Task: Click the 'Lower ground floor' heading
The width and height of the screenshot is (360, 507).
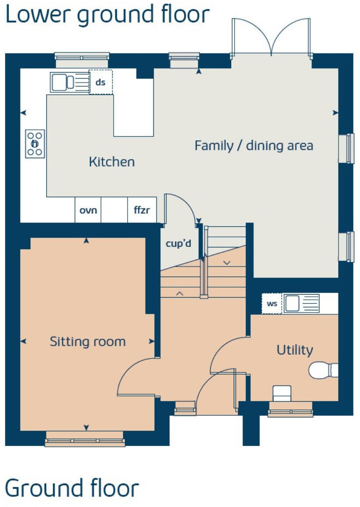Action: click(x=107, y=15)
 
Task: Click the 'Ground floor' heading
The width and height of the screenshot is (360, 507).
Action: click(x=72, y=488)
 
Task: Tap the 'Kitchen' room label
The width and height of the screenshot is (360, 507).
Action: click(x=112, y=162)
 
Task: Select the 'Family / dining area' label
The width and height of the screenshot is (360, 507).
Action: click(x=254, y=146)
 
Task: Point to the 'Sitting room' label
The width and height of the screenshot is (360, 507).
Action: click(x=87, y=341)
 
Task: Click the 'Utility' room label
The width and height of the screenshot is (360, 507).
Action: click(x=295, y=350)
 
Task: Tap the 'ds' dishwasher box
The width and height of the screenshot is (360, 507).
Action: click(x=100, y=82)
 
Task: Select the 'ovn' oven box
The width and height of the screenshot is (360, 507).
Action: click(x=88, y=210)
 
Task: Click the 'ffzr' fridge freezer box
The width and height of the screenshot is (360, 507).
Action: click(x=142, y=210)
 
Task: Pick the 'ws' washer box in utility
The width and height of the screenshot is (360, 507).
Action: click(x=272, y=304)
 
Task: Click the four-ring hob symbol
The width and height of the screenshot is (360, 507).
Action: click(x=35, y=144)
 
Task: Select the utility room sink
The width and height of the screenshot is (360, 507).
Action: click(x=301, y=303)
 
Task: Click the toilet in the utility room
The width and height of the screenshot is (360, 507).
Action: click(x=324, y=370)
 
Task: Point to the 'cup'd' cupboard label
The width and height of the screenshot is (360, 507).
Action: click(x=178, y=244)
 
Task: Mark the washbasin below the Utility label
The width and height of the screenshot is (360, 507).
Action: click(x=282, y=393)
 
